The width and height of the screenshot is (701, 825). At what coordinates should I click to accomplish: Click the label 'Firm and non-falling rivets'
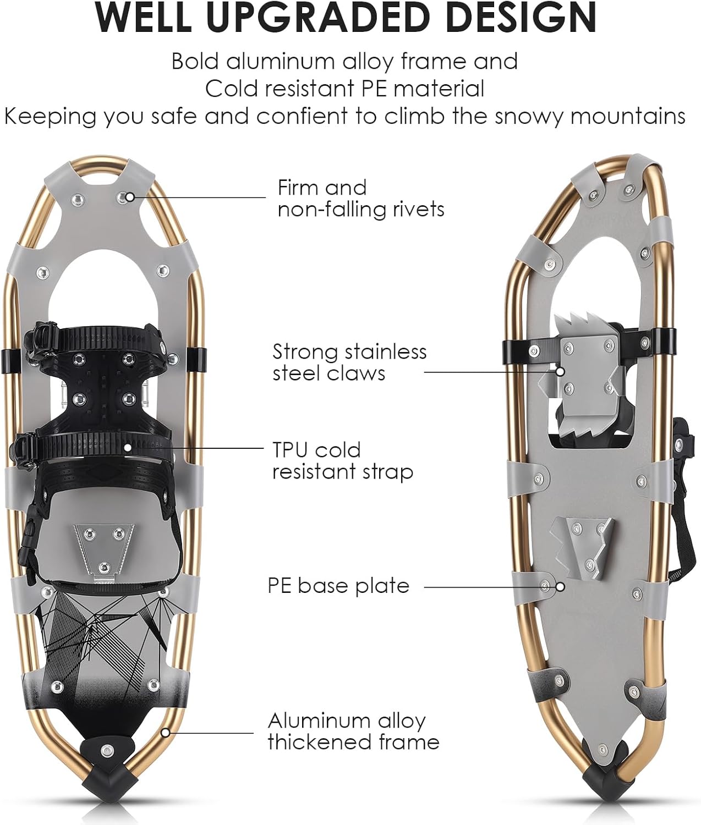click(x=360, y=198)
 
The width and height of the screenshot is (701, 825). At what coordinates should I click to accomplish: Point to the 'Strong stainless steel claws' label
click(x=349, y=362)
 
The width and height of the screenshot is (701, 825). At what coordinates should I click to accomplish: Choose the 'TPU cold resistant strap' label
click(x=342, y=460)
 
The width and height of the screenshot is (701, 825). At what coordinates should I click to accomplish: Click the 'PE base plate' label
click(x=338, y=585)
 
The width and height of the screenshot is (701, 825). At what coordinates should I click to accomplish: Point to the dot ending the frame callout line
click(x=165, y=732)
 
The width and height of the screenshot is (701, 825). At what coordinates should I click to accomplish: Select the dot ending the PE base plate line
click(x=560, y=586)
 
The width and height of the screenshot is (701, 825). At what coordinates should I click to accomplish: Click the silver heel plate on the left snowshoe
click(x=105, y=546)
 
